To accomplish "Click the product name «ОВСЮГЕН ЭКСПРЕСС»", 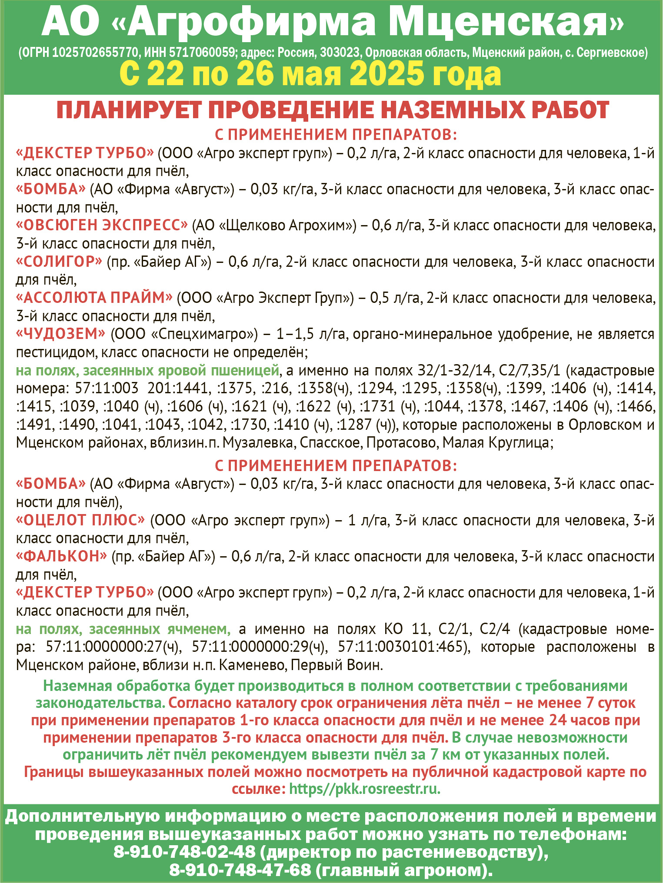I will [102, 226].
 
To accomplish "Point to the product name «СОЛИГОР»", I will [59, 262].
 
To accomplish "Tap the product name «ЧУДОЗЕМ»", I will [60, 334].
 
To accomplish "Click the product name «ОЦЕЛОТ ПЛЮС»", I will [80, 520].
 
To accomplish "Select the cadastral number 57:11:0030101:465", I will [400, 647].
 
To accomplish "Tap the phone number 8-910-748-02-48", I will [184, 853].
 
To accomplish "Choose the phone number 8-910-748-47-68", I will [240, 870].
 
